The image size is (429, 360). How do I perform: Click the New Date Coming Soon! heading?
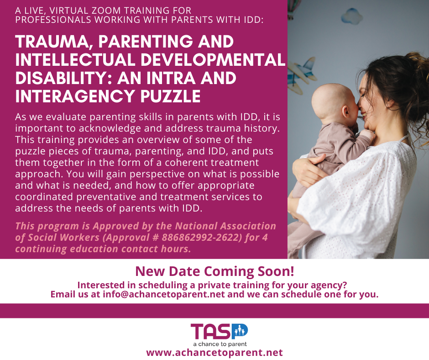click(214, 271)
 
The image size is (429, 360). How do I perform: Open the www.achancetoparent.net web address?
click(214, 352)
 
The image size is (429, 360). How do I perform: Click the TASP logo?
click(219, 331)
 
